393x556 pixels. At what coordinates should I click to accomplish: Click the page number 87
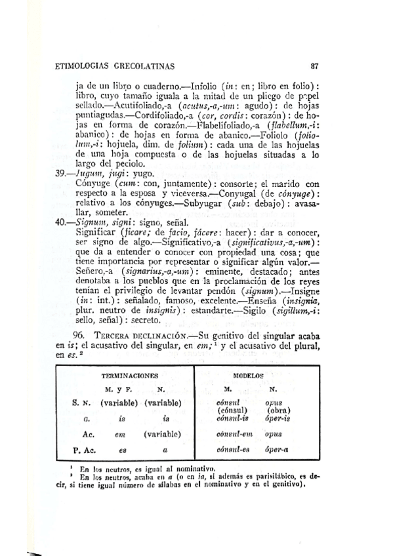click(x=315, y=66)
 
